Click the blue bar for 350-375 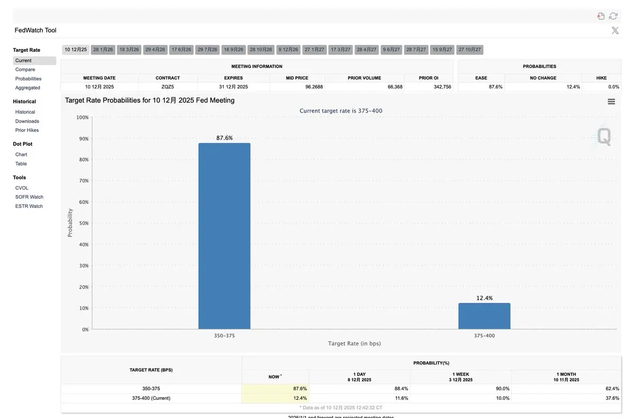pos(224,236)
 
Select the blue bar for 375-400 pos(484,316)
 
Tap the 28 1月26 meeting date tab pos(103,50)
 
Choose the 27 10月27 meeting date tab pos(470,50)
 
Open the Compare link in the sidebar pos(25,69)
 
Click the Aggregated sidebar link pos(28,87)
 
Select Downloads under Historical pos(27,121)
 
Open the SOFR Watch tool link pos(29,197)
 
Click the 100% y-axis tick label pos(82,117)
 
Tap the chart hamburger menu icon pos(611,101)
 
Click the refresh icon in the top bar pos(613,16)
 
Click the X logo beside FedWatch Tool pos(615,30)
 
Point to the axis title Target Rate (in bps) pos(354,343)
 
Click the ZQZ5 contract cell pos(168,86)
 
